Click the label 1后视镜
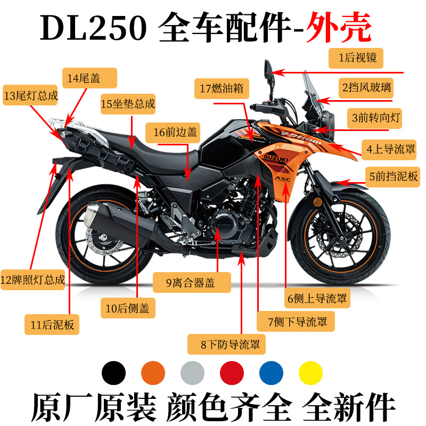356,58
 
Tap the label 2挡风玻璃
366,88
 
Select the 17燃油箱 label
222,88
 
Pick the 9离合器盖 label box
192,283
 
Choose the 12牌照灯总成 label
32,280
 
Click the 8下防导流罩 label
226,344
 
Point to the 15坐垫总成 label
128,104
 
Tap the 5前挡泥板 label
392,177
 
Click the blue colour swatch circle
271,373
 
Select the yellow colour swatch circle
310,373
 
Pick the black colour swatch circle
113,373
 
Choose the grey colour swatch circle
192,373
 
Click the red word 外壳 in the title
339,27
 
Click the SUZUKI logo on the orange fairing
275,158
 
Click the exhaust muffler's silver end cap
92,215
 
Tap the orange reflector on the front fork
317,202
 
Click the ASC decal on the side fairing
283,178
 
